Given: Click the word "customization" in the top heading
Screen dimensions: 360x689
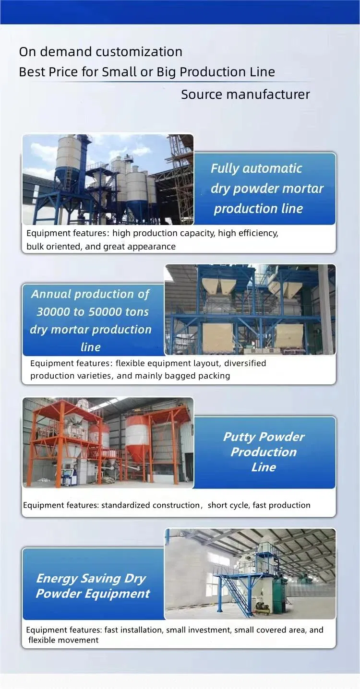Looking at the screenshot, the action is click(x=142, y=52).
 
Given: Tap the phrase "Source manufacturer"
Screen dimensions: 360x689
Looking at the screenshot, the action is click(x=245, y=94).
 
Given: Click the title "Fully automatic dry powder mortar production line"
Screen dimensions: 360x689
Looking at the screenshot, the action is click(x=267, y=188).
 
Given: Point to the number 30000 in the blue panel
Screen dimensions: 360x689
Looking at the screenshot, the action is click(x=54, y=312).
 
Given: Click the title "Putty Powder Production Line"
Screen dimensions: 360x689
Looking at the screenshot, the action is click(x=264, y=452).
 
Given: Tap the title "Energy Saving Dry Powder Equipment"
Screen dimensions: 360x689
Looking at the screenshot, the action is click(x=93, y=586).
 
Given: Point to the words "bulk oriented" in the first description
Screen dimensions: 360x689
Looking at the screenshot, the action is click(x=53, y=247).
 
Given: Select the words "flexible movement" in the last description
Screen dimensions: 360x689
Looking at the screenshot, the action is click(x=63, y=640).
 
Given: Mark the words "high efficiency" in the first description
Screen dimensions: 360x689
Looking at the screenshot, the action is click(x=248, y=233).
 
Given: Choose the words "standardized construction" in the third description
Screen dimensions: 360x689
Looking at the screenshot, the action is click(x=150, y=505).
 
